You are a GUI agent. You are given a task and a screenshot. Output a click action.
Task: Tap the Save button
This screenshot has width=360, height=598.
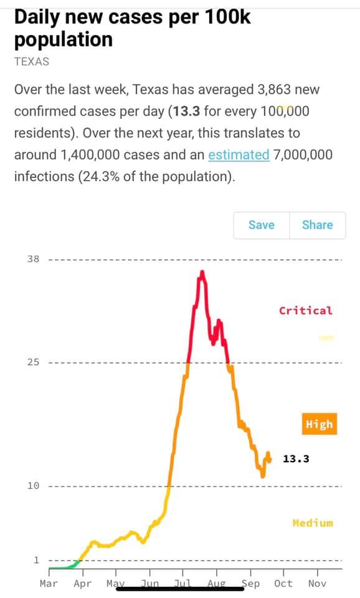tap(262, 225)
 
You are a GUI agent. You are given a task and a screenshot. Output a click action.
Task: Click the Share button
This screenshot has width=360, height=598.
tap(318, 225)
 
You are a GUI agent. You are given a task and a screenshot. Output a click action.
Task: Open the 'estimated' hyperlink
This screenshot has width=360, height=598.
tap(239, 155)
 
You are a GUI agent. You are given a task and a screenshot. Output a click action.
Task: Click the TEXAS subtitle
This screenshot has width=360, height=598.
tap(32, 62)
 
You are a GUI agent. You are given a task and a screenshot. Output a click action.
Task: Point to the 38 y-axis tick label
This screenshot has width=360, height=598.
tap(33, 259)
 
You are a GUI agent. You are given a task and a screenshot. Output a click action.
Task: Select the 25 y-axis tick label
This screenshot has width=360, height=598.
tap(33, 362)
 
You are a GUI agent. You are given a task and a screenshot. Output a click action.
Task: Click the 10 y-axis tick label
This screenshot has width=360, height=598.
tap(33, 486)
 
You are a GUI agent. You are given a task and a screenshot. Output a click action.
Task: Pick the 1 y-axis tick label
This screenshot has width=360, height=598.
tap(37, 560)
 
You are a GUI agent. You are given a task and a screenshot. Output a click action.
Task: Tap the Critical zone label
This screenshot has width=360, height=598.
tap(305, 310)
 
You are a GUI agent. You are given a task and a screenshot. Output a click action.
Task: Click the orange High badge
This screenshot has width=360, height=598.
tap(319, 424)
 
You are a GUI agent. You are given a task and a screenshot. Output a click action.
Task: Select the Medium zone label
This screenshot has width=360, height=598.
tap(313, 523)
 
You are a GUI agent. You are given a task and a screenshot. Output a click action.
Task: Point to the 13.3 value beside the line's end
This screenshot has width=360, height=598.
tap(296, 459)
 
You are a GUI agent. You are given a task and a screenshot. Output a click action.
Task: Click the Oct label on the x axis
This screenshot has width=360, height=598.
tap(283, 584)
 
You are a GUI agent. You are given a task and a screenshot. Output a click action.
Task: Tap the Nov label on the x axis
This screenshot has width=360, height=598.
tap(317, 584)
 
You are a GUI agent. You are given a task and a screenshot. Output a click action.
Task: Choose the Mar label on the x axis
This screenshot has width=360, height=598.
tap(49, 584)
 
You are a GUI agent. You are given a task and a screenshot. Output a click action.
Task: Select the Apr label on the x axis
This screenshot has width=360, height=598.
tap(83, 584)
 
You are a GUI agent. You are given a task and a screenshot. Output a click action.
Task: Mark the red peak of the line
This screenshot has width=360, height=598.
tap(202, 272)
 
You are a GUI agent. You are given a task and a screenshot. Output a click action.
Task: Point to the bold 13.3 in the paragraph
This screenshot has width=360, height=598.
tap(186, 112)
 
